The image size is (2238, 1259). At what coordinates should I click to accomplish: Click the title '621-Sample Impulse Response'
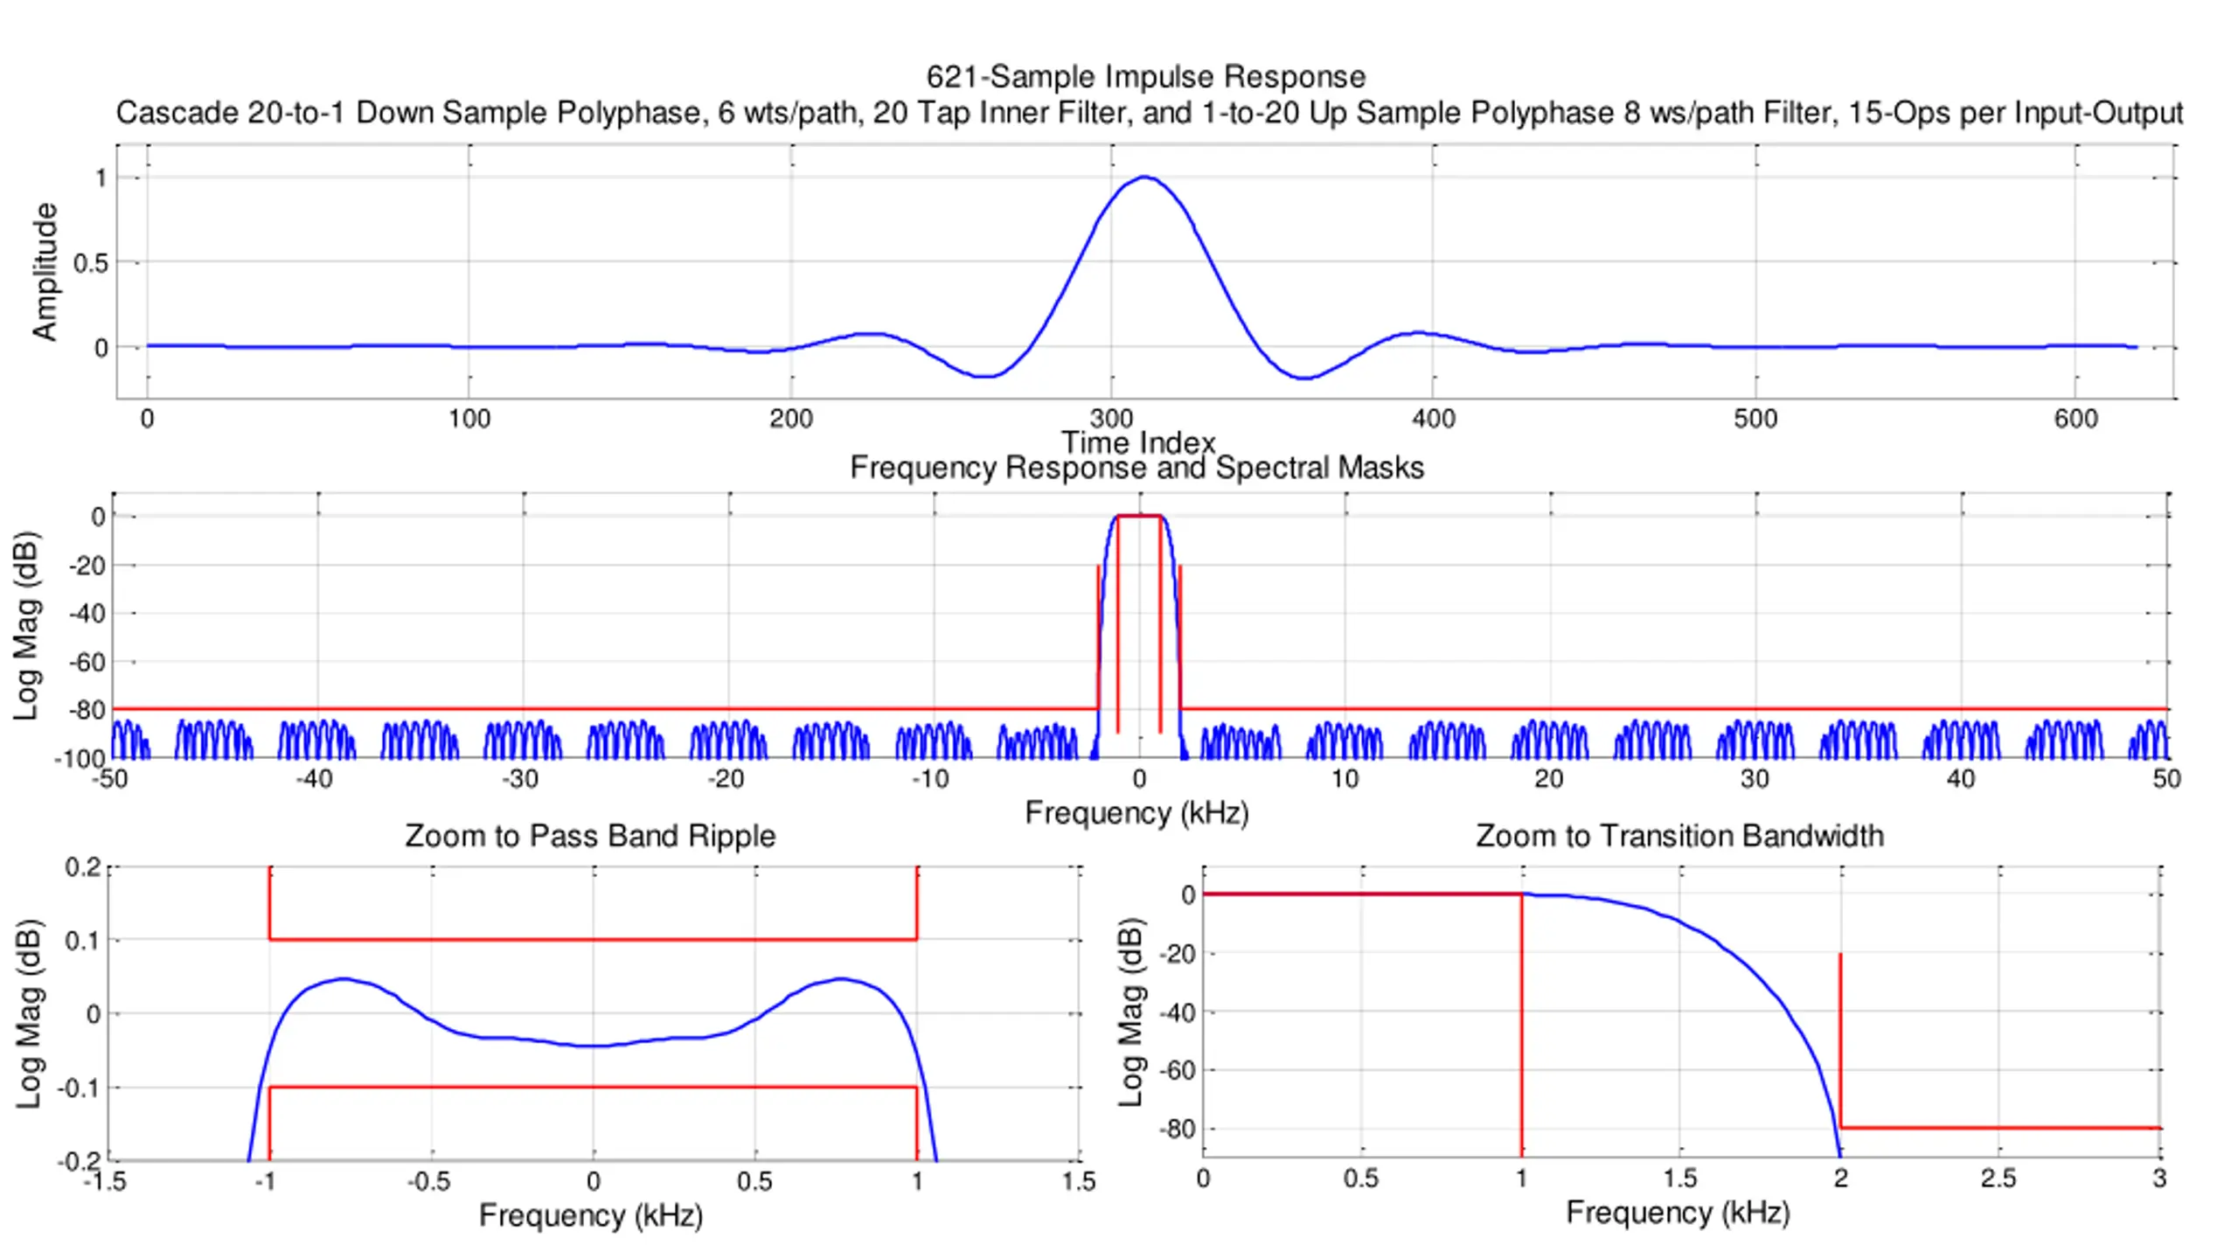(x=1145, y=77)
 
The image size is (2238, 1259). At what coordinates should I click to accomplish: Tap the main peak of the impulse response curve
(x=1145, y=177)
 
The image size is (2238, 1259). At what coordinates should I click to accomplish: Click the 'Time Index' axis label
(x=1138, y=442)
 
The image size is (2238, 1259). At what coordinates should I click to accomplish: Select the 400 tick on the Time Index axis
(x=1434, y=419)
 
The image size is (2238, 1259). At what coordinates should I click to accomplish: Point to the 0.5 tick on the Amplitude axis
(x=91, y=263)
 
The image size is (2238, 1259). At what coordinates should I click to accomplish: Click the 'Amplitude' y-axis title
(x=44, y=271)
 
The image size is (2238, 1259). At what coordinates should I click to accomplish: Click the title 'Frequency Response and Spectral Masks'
(x=1136, y=468)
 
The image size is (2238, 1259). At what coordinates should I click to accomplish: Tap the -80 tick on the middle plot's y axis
(x=87, y=710)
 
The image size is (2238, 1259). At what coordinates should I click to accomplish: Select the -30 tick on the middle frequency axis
(x=520, y=779)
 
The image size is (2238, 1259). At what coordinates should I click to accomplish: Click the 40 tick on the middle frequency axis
(x=1961, y=779)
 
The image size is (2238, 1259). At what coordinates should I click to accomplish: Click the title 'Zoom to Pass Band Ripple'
(x=590, y=836)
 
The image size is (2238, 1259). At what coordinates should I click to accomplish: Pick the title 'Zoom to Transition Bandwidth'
(x=1679, y=836)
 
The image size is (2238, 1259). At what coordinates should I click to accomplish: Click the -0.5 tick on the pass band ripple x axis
(x=428, y=1182)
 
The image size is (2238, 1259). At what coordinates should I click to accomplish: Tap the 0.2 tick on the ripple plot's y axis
(x=83, y=867)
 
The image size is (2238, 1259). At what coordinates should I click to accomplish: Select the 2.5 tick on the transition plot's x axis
(x=1998, y=1179)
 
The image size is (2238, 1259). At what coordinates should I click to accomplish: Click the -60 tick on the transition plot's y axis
(x=1177, y=1070)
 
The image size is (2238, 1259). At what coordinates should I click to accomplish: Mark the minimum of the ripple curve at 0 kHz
(x=594, y=1046)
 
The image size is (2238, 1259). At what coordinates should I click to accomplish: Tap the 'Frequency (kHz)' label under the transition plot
(x=1678, y=1213)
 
